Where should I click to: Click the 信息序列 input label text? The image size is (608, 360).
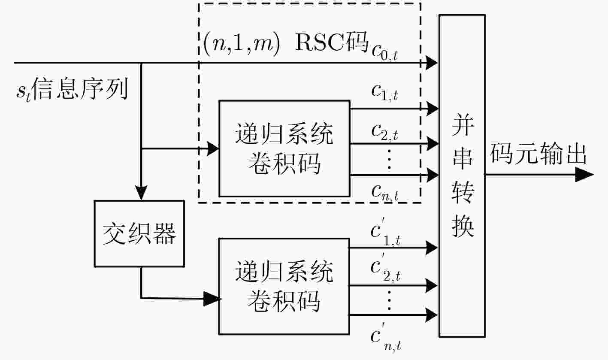tap(80, 88)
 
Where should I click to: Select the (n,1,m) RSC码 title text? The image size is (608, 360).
tap(285, 43)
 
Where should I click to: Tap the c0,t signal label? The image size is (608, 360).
tap(384, 53)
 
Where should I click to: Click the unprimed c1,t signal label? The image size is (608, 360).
tap(384, 93)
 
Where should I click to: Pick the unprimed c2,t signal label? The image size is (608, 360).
tap(384, 133)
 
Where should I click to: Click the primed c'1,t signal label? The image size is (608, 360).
tap(386, 232)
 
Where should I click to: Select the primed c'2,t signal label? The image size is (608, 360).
tap(386, 267)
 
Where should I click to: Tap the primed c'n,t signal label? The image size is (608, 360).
tap(386, 337)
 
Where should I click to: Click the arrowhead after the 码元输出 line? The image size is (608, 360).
tap(584, 175)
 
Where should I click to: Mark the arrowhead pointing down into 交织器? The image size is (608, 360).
tap(141, 193)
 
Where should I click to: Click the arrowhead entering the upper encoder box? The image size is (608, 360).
tap(213, 148)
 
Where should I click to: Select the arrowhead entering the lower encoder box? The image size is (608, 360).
tap(212, 299)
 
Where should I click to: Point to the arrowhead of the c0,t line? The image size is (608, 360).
tap(432, 63)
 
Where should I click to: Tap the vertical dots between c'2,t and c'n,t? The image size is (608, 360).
tap(390, 300)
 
